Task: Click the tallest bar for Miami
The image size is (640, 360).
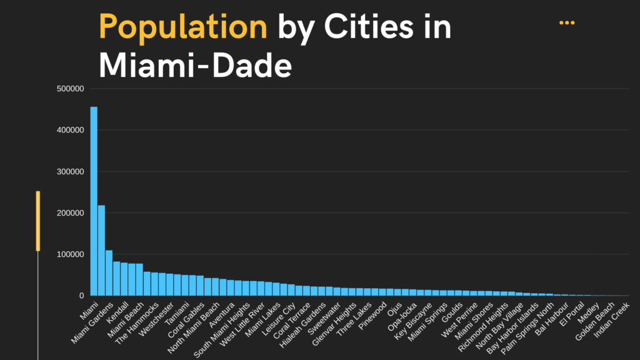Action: point(94,200)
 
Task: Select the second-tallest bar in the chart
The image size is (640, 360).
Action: point(101,250)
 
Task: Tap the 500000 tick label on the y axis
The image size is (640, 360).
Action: point(70,89)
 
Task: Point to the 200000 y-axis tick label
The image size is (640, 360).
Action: point(70,212)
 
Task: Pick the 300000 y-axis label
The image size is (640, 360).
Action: point(70,171)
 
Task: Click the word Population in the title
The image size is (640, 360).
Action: point(182,27)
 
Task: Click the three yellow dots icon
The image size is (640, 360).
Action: point(567,22)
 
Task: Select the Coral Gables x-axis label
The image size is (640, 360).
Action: point(186,319)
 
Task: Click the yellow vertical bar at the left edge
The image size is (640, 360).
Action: point(38,221)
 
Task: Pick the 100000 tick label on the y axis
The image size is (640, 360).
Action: point(70,254)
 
